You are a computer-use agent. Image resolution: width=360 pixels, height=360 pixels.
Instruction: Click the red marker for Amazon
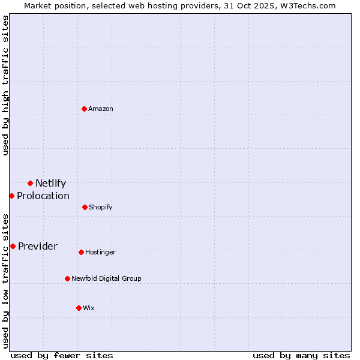point(84,109)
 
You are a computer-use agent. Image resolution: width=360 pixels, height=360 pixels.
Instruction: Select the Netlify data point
point(30,183)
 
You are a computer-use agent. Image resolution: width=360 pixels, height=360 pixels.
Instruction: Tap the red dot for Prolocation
point(11,196)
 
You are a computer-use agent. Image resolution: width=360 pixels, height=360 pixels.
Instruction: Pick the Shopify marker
point(85,207)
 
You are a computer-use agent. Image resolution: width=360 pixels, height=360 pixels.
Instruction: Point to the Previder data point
point(13,246)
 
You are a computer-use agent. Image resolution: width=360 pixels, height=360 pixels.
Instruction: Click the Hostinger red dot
point(81,252)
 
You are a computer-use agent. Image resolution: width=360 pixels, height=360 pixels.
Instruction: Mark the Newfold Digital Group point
point(67,278)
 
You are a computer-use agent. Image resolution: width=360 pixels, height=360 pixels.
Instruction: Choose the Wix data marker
point(79,308)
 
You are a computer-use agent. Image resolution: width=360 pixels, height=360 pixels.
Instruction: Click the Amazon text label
point(101,109)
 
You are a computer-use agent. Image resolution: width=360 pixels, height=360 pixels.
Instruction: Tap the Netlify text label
point(50,184)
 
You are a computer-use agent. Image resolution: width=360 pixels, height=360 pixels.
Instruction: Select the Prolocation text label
point(43,196)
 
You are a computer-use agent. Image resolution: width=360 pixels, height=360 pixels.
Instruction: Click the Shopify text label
point(101,207)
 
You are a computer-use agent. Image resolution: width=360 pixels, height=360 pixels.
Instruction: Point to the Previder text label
point(38,247)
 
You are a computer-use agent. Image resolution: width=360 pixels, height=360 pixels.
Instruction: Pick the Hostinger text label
point(100,253)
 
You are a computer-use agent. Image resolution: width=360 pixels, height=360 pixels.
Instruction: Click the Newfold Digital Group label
point(106,278)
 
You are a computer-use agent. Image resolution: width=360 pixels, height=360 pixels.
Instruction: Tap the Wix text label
point(89,308)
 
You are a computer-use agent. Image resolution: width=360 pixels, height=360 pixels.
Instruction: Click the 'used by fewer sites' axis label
point(62,355)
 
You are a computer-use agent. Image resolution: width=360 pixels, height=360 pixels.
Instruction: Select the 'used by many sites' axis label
point(301,355)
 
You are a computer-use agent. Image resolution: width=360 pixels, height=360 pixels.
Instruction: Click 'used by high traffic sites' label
point(5,85)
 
